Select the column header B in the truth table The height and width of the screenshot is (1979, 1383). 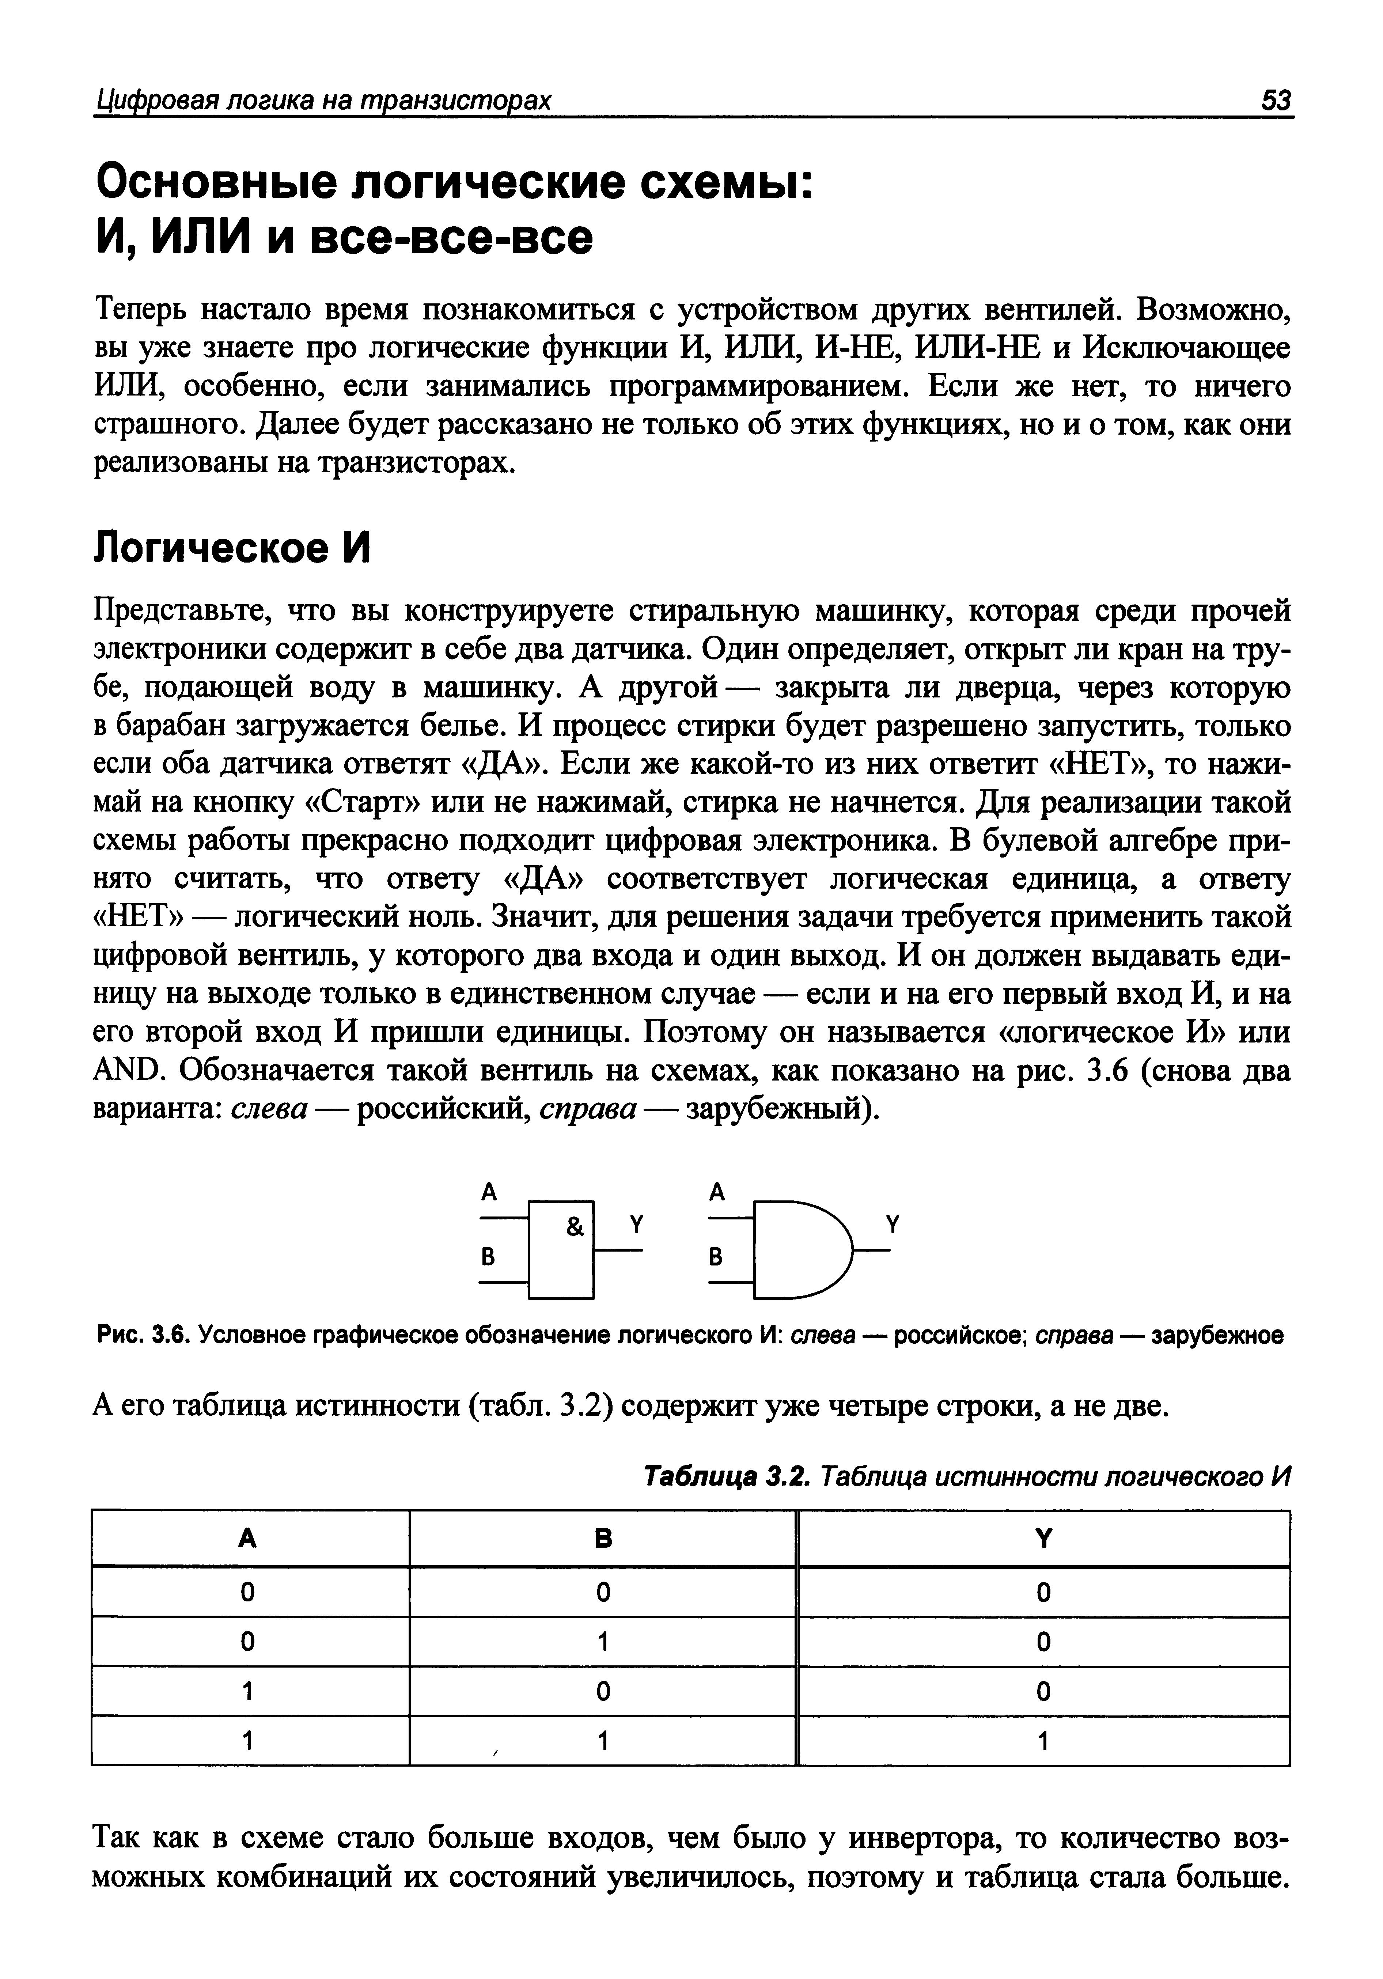point(603,1539)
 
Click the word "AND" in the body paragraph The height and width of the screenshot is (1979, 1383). point(129,1071)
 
